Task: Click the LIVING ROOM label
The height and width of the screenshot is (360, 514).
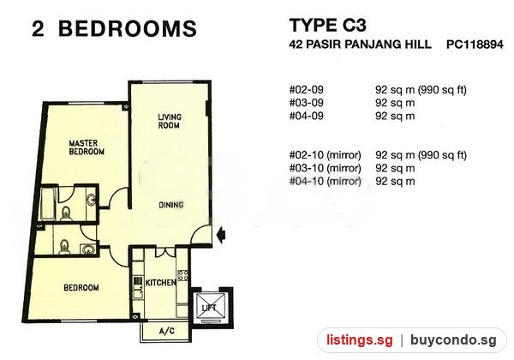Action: point(169,122)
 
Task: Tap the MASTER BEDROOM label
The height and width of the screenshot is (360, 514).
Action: point(87,147)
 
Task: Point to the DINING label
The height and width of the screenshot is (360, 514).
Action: point(170,205)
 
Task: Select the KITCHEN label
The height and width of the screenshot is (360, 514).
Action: point(160,283)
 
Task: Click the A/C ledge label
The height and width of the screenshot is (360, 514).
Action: point(167,331)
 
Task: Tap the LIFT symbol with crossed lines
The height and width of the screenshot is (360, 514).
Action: point(210,307)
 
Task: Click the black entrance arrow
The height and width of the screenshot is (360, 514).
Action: point(222,235)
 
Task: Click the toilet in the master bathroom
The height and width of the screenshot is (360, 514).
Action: point(67,213)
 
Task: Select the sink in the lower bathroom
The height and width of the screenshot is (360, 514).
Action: point(88,249)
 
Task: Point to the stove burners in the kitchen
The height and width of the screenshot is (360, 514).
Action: point(183,275)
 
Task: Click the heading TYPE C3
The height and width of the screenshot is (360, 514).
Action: point(327,25)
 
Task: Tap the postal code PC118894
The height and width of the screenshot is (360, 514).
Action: point(475,45)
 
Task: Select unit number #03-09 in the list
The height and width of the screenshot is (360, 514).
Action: point(306,103)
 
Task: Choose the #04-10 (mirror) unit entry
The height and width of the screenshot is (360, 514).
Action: point(325,182)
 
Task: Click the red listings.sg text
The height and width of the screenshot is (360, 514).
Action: point(360,340)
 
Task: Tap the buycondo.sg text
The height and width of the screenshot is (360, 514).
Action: point(453,340)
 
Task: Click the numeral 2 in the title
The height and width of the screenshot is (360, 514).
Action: point(38,28)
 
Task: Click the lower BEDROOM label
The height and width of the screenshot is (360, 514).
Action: point(81,288)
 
